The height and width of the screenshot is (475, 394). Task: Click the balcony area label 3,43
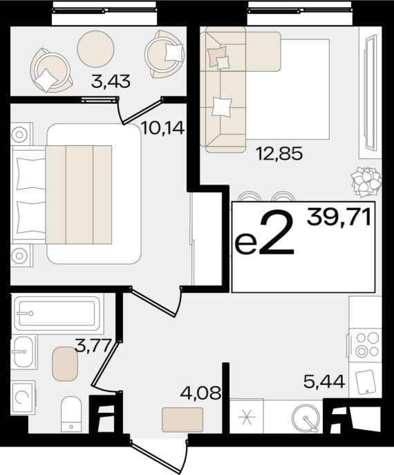pyautogui.click(x=111, y=82)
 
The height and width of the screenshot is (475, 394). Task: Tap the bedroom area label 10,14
pyautogui.click(x=162, y=128)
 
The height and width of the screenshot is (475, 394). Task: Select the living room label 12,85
pyautogui.click(x=279, y=153)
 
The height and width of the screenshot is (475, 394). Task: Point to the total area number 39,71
pyautogui.click(x=339, y=218)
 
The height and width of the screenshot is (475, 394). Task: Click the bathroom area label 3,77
pyautogui.click(x=93, y=346)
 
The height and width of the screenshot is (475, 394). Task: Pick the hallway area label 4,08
pyautogui.click(x=200, y=393)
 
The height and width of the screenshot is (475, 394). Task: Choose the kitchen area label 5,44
pyautogui.click(x=324, y=382)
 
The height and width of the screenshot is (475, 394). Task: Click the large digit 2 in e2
pyautogui.click(x=276, y=232)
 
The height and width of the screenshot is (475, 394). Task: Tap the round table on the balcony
pyautogui.click(x=95, y=49)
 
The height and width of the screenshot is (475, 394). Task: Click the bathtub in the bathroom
pyautogui.click(x=57, y=313)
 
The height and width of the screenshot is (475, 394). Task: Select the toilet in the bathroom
pyautogui.click(x=71, y=414)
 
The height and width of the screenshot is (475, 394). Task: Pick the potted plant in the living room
pyautogui.click(x=366, y=182)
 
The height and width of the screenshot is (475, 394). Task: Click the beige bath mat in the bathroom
pyautogui.click(x=65, y=364)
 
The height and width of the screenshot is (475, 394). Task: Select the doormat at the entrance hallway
pyautogui.click(x=182, y=419)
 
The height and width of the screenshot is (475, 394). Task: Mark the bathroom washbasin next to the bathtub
pyautogui.click(x=24, y=352)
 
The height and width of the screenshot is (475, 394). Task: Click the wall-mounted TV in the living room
pyautogui.click(x=371, y=93)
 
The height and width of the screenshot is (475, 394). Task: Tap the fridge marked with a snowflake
pyautogui.click(x=247, y=416)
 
